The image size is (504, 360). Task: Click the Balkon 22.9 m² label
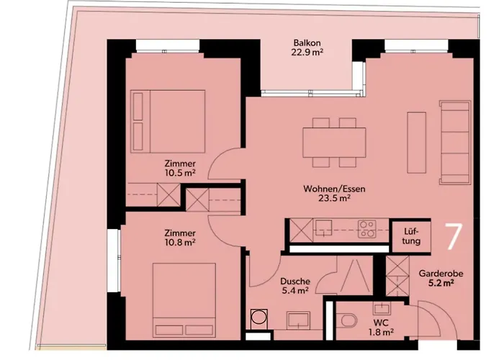[x=307, y=48]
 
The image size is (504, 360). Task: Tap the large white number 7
[x=454, y=237]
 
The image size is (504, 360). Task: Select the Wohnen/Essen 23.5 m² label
[x=334, y=193]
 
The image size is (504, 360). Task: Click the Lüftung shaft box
[x=412, y=236]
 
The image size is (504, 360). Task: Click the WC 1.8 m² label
[x=381, y=327]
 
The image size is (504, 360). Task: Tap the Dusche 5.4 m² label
[x=295, y=286]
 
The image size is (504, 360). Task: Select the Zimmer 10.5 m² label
[x=180, y=168]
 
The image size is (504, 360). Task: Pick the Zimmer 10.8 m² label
[x=180, y=238]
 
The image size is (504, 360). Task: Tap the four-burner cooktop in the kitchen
[x=367, y=229]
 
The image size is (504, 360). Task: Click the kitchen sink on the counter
[x=323, y=228]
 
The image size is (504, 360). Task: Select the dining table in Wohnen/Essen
[x=334, y=143]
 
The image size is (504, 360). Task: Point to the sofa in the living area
[x=455, y=143]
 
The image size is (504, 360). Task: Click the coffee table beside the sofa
[x=417, y=143]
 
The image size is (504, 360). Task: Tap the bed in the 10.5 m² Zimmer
[x=168, y=121]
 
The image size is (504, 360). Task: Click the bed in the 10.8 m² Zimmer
[x=184, y=300]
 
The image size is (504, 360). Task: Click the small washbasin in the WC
[x=382, y=309]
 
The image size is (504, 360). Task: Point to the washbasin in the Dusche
[x=299, y=320]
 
